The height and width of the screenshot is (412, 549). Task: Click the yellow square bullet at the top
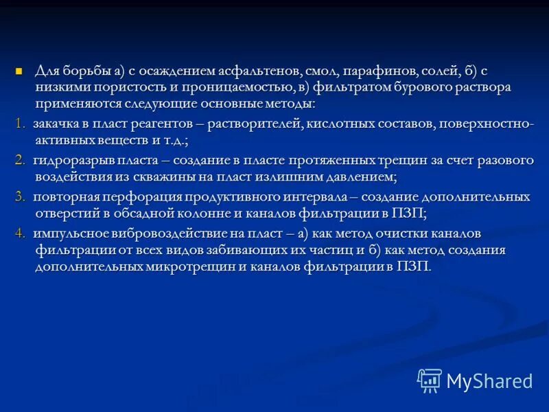click(x=19, y=71)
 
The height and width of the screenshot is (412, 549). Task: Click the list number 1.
click(x=19, y=123)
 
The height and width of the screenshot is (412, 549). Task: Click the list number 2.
click(x=19, y=160)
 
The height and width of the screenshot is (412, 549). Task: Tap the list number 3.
click(x=19, y=197)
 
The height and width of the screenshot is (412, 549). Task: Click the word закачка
click(x=56, y=123)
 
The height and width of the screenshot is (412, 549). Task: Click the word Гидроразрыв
click(x=71, y=160)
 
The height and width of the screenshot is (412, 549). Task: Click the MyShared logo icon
click(x=429, y=380)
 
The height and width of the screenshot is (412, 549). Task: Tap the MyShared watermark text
click(x=489, y=380)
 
